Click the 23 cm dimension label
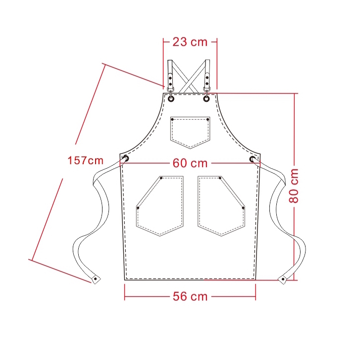pos(190,42)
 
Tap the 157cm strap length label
pos(86,160)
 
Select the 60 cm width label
pos(190,163)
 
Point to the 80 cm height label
pos(294,186)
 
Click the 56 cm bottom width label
pos(190,296)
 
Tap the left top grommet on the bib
pos(171,99)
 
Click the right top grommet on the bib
pos(206,99)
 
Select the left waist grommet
pos(126,158)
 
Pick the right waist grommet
pos(253,159)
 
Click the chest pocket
pos(190,133)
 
